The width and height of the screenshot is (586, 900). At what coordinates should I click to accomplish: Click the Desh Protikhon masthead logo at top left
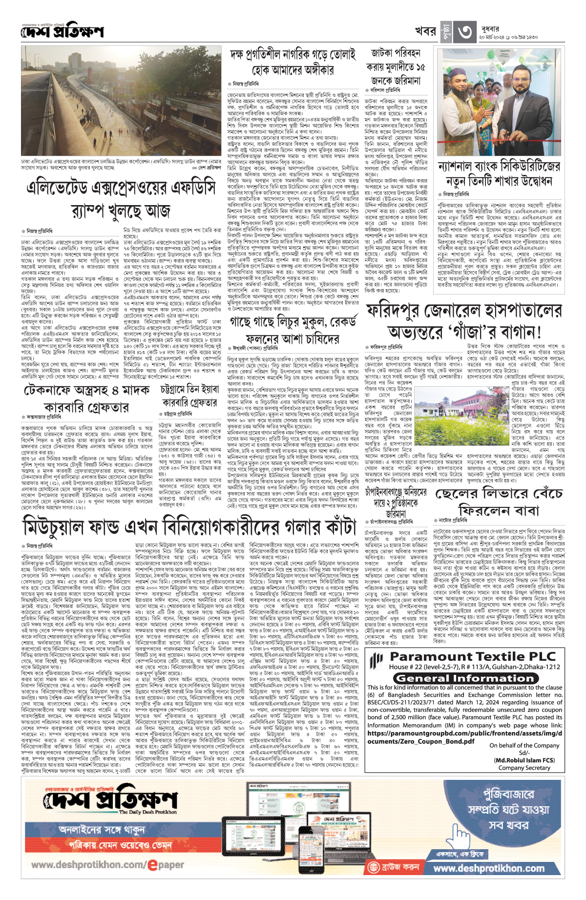(62, 31)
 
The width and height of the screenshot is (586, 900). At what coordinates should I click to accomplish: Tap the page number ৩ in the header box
(464, 32)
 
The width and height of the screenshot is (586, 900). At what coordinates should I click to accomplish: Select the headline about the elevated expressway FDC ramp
(121, 199)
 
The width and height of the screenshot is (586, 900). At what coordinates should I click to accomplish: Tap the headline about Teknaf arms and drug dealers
(86, 399)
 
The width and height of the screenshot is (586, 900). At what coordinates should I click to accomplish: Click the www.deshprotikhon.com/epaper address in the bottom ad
(108, 864)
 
